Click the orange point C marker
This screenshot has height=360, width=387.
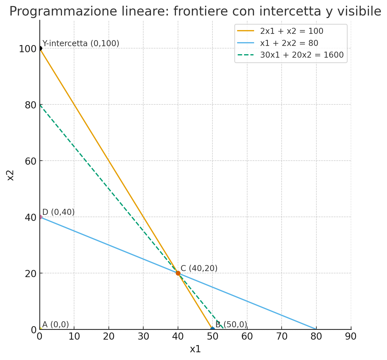178,273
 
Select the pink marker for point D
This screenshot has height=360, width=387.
40,217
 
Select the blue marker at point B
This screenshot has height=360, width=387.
212,329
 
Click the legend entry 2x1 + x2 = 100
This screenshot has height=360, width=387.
291,31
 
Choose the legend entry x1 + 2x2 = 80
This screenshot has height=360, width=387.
289,43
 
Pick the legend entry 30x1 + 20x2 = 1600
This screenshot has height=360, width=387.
301,55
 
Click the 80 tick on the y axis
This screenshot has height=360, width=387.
30,105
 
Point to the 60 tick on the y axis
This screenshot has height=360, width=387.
30,161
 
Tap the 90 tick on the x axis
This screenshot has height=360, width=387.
351,337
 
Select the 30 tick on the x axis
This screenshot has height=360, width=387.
143,337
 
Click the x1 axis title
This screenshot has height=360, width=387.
195,349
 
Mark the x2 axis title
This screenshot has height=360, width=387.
10,175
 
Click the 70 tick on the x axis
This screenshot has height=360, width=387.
282,337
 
